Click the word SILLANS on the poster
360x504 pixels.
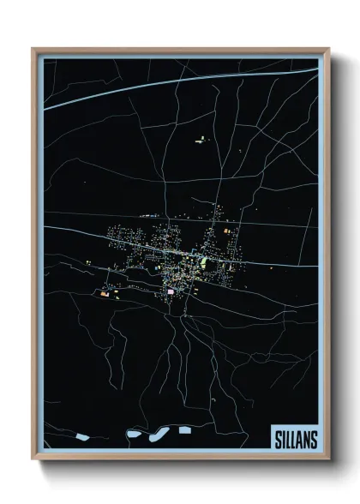pyautogui.click(x=296, y=440)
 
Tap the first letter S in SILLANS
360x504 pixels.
pyautogui.click(x=279, y=440)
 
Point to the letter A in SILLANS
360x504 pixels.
pyautogui.click(x=300, y=440)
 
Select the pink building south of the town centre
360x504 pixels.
pyautogui.click(x=170, y=291)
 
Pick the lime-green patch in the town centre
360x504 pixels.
pyautogui.click(x=204, y=260)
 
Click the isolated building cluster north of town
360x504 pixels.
pyautogui.click(x=203, y=138)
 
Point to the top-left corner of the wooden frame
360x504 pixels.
pyautogui.click(x=33, y=50)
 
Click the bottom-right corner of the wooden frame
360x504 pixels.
pyautogui.click(x=328, y=459)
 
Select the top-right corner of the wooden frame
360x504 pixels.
pyautogui.click(x=328, y=50)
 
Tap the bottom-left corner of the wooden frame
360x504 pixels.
pyautogui.click(x=33, y=459)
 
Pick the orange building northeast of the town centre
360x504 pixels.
pyautogui.click(x=228, y=231)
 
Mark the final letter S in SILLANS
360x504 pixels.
pyautogui.click(x=313, y=440)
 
